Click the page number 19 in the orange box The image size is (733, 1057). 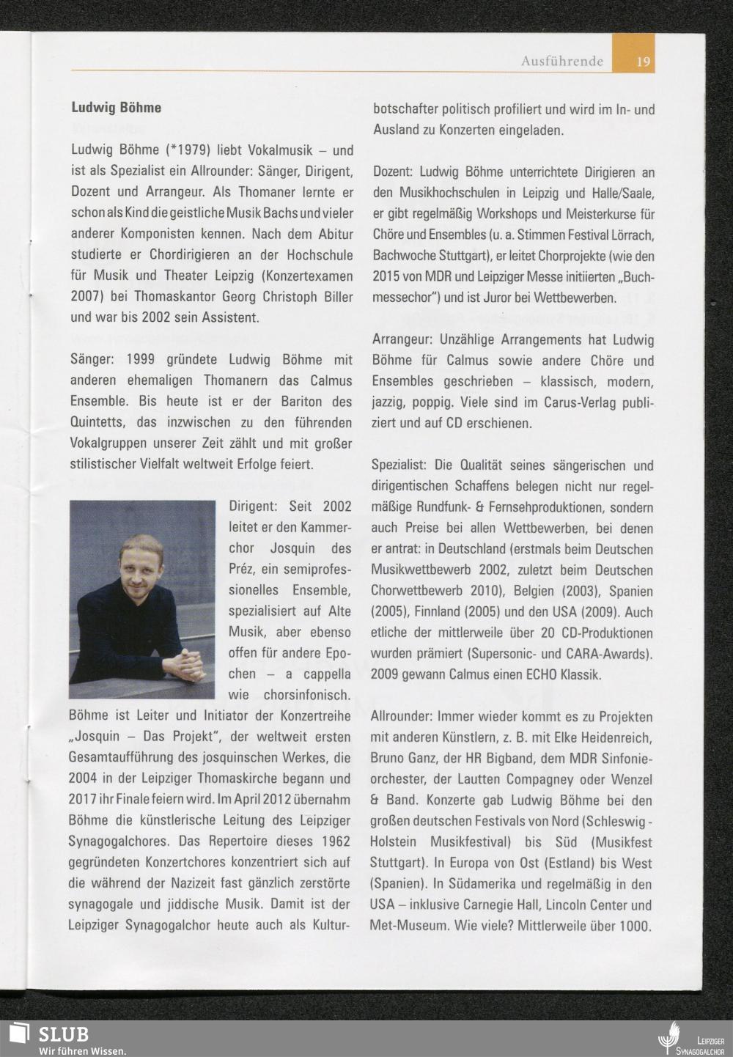643,62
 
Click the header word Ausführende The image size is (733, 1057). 562,62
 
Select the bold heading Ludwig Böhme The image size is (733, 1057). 116,108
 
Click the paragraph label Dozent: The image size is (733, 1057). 394,173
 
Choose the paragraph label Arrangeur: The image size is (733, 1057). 402,340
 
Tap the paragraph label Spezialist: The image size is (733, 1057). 399,465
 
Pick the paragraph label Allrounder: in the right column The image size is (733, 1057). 404,716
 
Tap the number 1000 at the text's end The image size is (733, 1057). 634,926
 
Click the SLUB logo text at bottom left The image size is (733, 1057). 63,1034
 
